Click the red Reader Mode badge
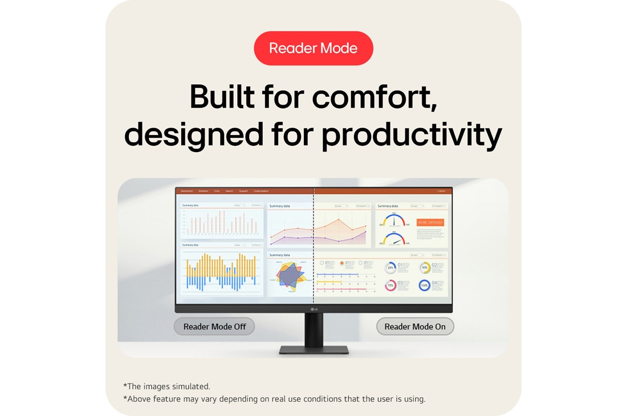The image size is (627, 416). pos(313,48)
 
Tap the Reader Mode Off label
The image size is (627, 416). pos(214,327)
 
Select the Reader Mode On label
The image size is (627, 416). pos(415,327)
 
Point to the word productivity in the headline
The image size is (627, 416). pos(412,136)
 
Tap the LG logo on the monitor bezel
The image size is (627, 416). pos(313,309)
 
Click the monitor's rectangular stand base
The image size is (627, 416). pos(313,349)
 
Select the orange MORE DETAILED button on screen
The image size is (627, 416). pos(430,222)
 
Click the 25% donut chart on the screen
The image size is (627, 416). pos(390,267)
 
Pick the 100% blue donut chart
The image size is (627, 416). pos(425,286)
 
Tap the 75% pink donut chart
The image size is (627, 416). pos(390,286)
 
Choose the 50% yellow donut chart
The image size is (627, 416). pos(425,267)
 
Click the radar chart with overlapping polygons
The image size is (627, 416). pos(290,276)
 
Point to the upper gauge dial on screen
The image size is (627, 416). pos(394,221)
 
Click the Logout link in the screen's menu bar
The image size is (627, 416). pos(441,191)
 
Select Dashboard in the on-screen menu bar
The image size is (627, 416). pos(186,191)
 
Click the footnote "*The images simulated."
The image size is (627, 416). pos(166,386)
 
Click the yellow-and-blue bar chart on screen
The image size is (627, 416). pos(221,272)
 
